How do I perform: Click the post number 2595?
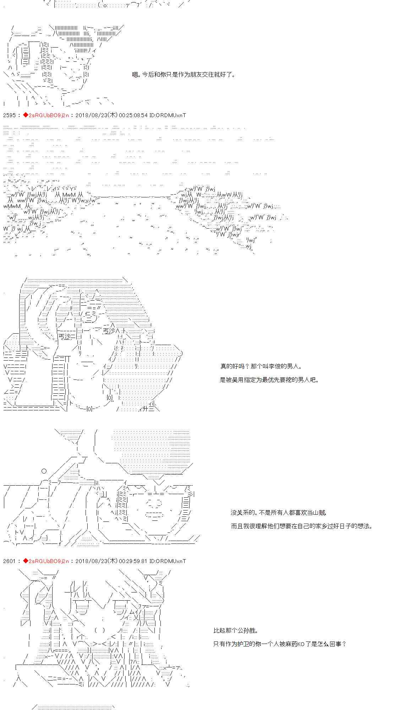click(x=10, y=115)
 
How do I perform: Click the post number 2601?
click(x=10, y=561)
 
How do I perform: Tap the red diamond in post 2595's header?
click(x=26, y=115)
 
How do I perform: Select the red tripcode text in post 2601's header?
click(x=48, y=561)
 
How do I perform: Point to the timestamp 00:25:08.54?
click(x=133, y=115)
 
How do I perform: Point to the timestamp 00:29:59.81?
click(x=133, y=561)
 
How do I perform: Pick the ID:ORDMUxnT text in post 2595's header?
click(x=168, y=115)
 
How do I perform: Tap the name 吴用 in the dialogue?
click(x=240, y=380)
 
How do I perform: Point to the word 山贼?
click(x=319, y=513)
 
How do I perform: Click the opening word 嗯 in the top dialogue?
click(x=135, y=75)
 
